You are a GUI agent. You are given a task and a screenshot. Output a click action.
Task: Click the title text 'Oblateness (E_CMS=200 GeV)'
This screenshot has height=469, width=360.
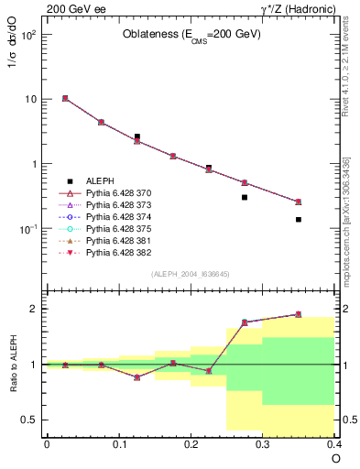click(191, 36)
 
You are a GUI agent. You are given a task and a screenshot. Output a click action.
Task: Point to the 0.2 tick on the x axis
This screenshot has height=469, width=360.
click(191, 443)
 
